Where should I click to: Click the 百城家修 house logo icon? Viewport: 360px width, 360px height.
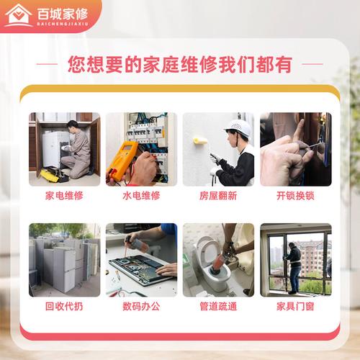click(19, 14)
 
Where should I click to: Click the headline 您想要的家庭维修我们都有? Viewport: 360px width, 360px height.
click(179, 64)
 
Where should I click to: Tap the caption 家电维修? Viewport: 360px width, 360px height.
click(64, 195)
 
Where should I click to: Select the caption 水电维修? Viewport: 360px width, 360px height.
click(141, 195)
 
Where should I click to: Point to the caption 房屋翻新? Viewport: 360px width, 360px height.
click(218, 195)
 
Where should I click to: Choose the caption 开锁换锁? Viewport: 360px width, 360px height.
click(295, 195)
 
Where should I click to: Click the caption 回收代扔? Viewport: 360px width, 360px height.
click(64, 306)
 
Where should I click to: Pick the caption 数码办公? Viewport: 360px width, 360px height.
click(141, 306)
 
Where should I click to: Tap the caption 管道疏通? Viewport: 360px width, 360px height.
click(218, 306)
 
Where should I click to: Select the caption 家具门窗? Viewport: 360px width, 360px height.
click(295, 306)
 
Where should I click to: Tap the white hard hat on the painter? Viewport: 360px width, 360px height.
click(238, 127)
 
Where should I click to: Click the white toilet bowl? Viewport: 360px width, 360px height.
click(210, 259)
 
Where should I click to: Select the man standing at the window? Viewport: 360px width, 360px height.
click(294, 266)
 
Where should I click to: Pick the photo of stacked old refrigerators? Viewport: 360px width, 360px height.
click(64, 259)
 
